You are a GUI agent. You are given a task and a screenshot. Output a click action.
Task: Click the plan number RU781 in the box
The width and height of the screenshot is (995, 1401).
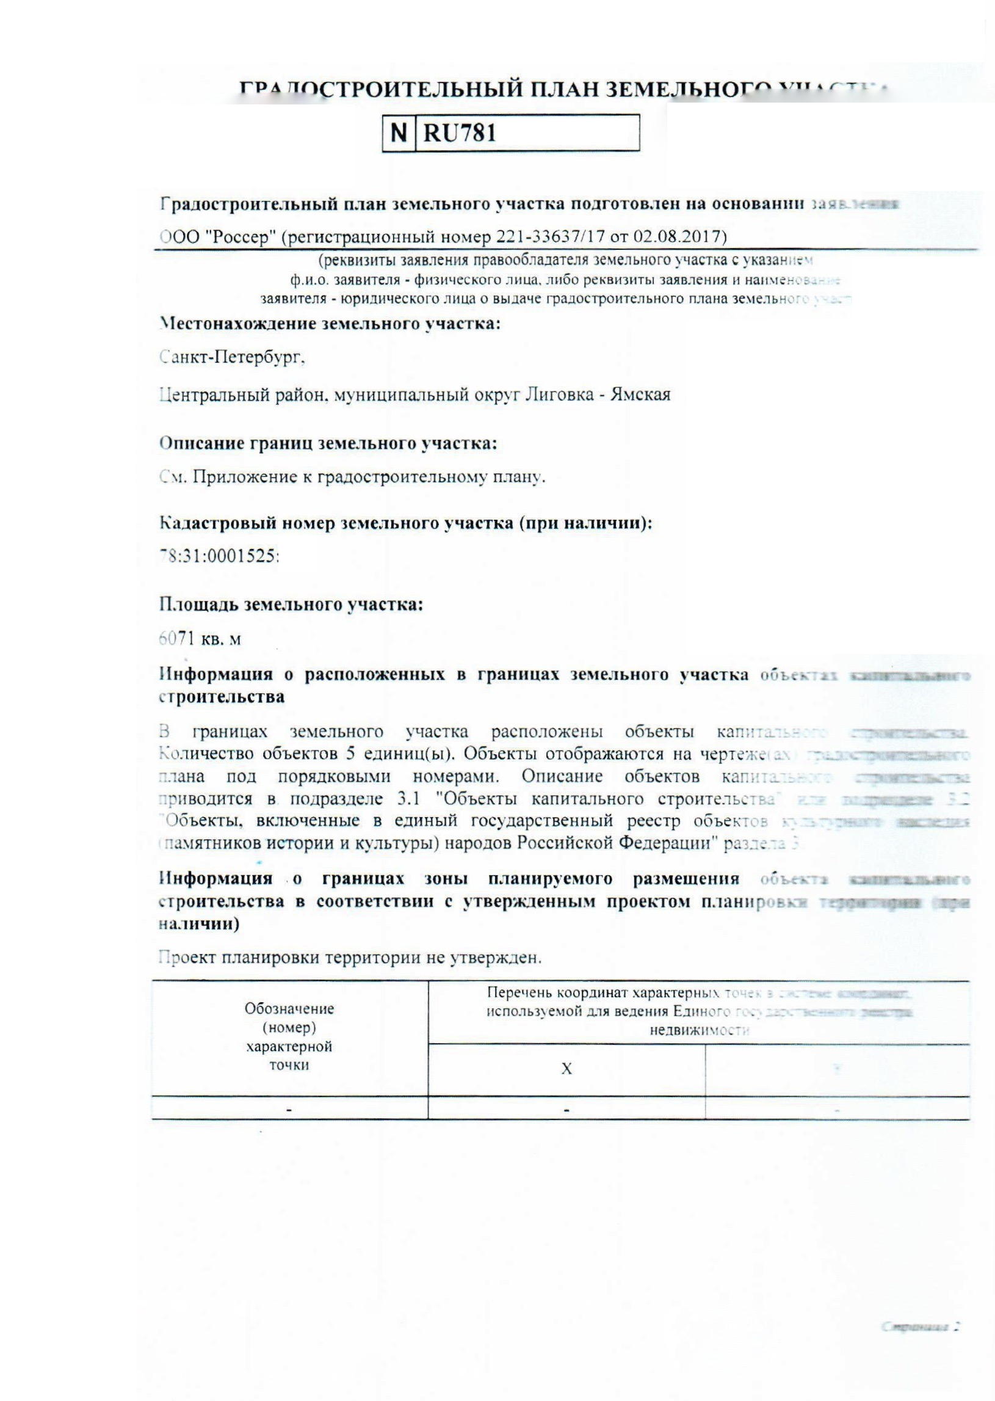[x=460, y=133]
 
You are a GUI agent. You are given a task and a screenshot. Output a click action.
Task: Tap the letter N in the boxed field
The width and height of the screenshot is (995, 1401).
[x=399, y=133]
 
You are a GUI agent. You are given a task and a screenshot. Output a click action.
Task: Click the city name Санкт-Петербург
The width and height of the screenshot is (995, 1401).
[x=233, y=357]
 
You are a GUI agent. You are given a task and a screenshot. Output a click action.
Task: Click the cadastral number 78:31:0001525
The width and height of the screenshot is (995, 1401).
[x=219, y=556]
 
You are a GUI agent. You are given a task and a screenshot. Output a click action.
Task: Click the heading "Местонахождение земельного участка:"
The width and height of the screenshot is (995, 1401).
[x=330, y=324]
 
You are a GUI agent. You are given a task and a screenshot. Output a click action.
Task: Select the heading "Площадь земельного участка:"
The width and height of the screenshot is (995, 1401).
[x=291, y=605]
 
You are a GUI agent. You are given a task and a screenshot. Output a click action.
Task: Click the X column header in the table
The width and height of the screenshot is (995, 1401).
[x=566, y=1069]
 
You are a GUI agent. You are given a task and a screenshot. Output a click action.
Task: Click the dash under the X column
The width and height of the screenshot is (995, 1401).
[x=566, y=1110]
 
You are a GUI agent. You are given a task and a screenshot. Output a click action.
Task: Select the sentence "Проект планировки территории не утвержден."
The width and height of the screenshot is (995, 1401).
[x=350, y=958]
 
